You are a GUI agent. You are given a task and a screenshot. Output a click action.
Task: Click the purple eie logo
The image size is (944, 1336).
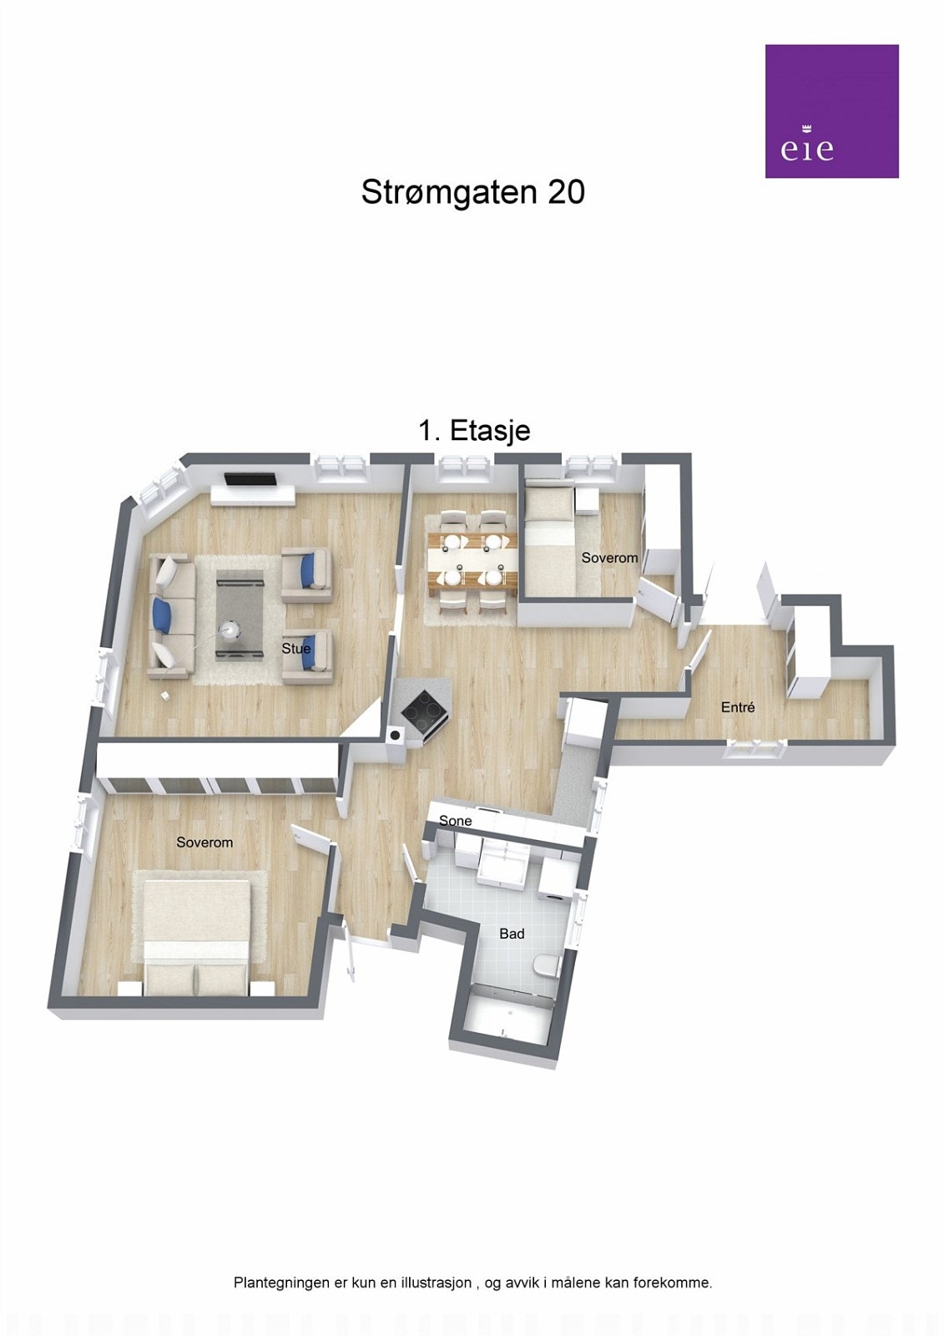click(831, 111)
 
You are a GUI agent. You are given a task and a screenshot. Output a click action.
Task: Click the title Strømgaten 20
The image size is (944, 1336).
click(472, 192)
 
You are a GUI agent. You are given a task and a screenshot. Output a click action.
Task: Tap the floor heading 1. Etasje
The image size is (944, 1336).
click(474, 431)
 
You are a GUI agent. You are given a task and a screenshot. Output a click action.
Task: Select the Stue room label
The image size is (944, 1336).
click(296, 648)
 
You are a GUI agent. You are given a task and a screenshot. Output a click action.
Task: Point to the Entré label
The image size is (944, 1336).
click(738, 707)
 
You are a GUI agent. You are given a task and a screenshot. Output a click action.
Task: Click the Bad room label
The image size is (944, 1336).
click(512, 934)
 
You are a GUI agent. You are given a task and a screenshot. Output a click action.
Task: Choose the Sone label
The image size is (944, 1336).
click(456, 821)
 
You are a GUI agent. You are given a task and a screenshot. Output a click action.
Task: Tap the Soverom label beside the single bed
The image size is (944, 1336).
click(609, 558)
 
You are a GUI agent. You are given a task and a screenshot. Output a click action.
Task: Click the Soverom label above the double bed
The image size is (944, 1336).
click(204, 843)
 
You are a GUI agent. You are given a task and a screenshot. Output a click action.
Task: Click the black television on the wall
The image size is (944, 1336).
click(250, 479)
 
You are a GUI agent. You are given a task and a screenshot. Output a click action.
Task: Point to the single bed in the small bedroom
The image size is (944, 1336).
click(548, 543)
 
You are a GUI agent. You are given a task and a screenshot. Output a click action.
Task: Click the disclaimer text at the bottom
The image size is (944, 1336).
click(472, 1283)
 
